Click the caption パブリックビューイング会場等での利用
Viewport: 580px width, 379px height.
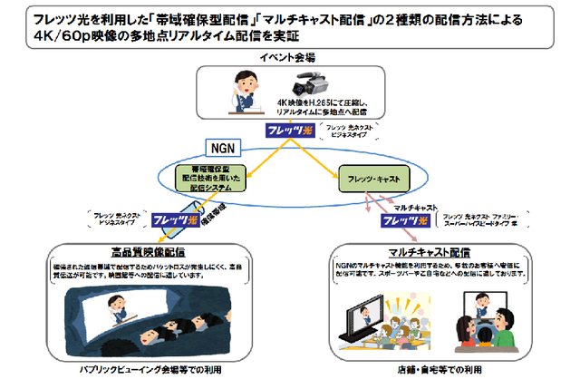(x=148, y=370)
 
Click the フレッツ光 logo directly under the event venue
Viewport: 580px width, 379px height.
(x=294, y=131)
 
